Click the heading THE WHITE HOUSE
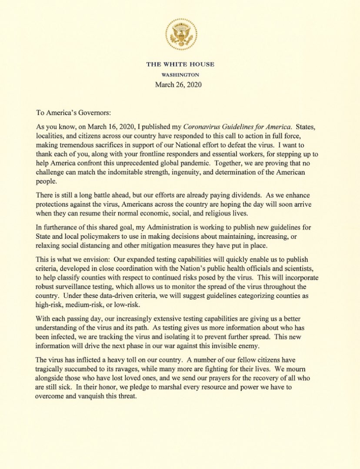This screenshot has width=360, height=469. click(x=180, y=64)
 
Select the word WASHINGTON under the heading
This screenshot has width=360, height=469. click(x=180, y=74)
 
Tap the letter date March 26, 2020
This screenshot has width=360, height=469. click(x=180, y=84)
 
